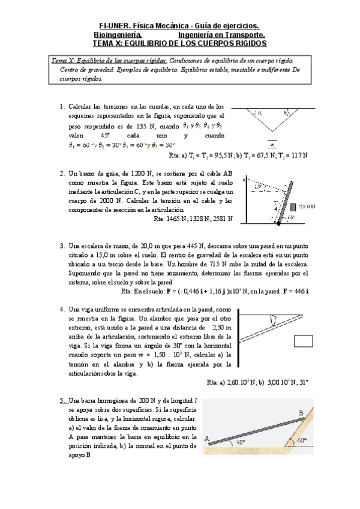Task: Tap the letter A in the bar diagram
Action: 206,438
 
